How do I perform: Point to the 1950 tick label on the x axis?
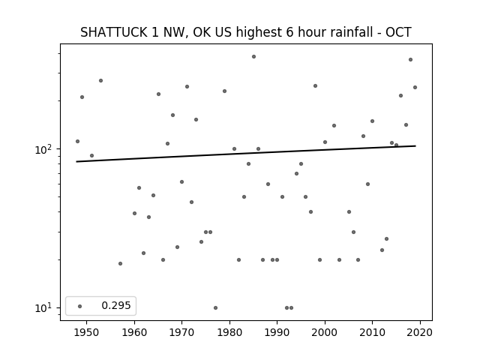(x=86, y=332)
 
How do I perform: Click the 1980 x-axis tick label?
(x=229, y=332)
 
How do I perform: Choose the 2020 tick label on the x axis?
(x=420, y=332)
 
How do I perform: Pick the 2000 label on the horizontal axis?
(x=325, y=332)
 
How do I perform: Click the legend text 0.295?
(x=116, y=305)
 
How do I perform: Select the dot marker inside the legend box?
(x=80, y=306)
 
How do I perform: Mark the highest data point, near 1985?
(x=253, y=57)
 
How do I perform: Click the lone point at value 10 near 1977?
(x=215, y=307)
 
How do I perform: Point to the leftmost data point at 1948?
(x=77, y=142)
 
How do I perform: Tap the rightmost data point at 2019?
(x=415, y=87)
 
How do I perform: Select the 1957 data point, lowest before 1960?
(x=120, y=263)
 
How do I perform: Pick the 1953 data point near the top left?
(x=100, y=80)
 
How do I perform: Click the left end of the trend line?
(x=76, y=162)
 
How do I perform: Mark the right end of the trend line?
(x=415, y=146)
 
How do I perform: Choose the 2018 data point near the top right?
(x=410, y=60)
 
